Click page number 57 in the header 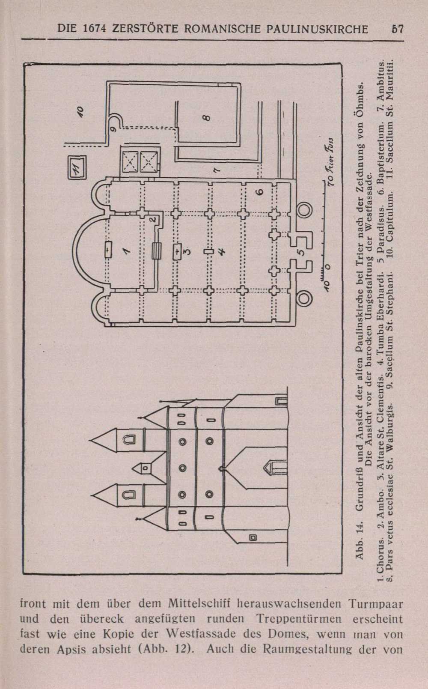coord(397,29)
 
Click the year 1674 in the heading coord(95,29)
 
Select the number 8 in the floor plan coord(207,118)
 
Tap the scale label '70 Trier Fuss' coord(331,163)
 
